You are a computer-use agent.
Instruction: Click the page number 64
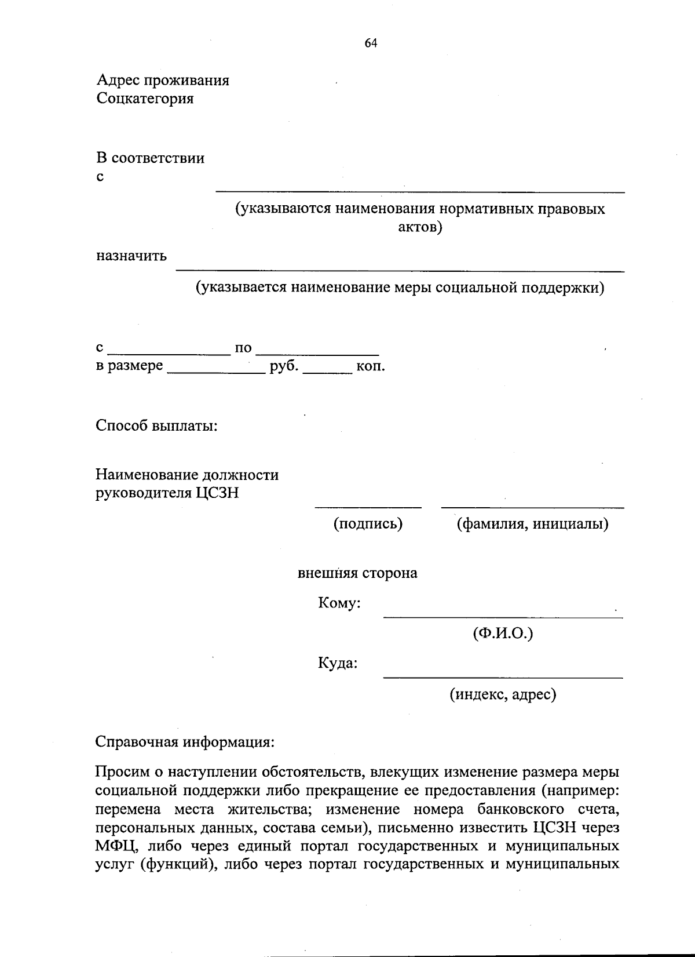[371, 43]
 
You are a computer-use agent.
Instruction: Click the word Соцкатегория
[145, 99]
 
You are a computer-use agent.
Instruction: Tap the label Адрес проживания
[163, 80]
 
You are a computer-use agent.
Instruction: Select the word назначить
[131, 256]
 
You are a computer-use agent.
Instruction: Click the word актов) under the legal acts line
[420, 227]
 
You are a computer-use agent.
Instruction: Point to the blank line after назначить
[400, 270]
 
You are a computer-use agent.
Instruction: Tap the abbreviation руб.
[284, 366]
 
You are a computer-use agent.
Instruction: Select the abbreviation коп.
[371, 366]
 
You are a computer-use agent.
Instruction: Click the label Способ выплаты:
[156, 426]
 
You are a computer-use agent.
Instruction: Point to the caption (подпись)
[368, 524]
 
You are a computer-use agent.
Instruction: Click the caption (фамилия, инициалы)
[532, 524]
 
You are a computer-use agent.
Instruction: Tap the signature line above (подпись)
[368, 507]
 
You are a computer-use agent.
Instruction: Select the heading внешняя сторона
[357, 573]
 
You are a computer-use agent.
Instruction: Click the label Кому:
[339, 603]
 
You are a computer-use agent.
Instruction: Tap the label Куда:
[338, 663]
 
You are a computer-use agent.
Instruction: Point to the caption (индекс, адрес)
[503, 694]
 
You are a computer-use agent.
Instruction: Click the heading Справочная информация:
[184, 742]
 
